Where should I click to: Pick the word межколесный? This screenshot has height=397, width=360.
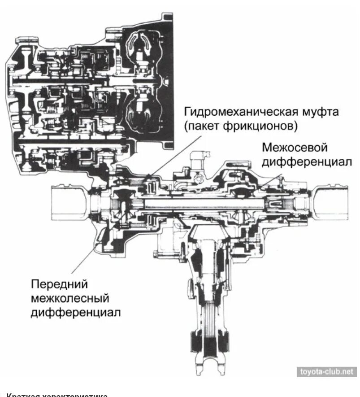click(70, 298)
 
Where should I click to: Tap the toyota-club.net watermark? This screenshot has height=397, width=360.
click(326, 371)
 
